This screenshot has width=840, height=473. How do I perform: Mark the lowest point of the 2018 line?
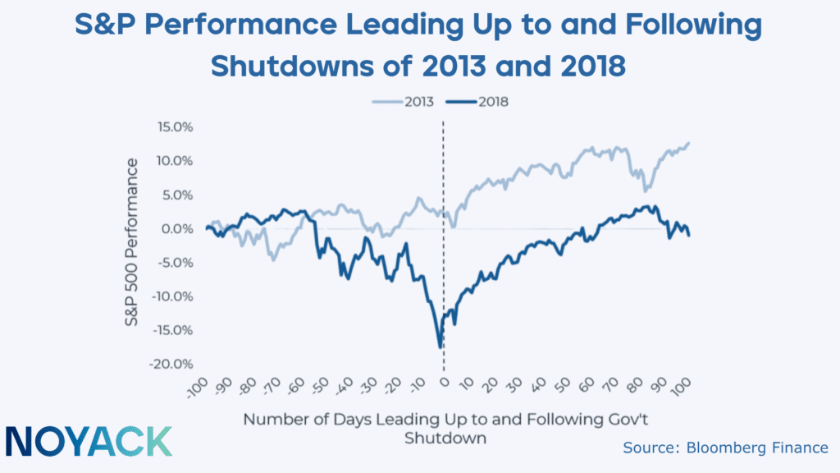click(x=441, y=347)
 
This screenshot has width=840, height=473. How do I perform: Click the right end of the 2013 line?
click(x=689, y=143)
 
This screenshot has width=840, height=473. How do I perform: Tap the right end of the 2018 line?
click(x=689, y=236)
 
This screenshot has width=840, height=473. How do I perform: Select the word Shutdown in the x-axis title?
click(x=445, y=438)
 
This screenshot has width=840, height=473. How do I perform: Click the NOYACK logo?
click(x=89, y=441)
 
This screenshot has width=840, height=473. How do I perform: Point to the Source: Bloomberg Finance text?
click(x=725, y=448)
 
